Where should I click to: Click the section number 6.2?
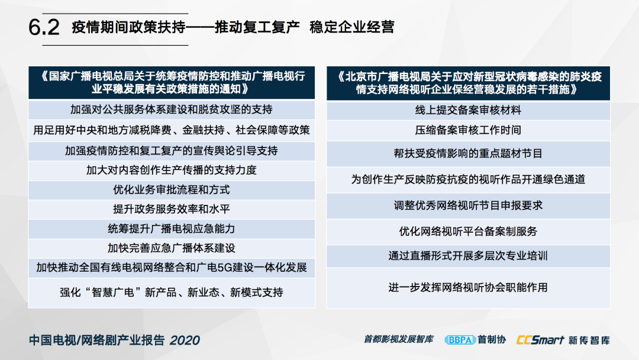click(x=44, y=27)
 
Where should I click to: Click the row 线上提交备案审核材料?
click(x=468, y=110)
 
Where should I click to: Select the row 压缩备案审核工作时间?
click(x=468, y=130)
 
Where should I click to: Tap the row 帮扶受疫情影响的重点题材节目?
click(x=468, y=153)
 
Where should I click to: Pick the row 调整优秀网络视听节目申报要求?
click(x=468, y=205)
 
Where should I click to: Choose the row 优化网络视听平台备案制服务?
click(x=468, y=231)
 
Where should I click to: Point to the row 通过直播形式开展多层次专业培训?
click(x=468, y=256)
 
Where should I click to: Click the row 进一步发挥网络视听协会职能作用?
click(x=468, y=287)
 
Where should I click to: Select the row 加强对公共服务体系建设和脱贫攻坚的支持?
click(x=172, y=110)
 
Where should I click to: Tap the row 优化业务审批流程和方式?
click(x=172, y=189)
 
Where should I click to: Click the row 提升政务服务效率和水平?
click(x=172, y=209)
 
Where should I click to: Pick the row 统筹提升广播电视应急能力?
click(x=172, y=229)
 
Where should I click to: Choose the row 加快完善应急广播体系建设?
click(x=172, y=248)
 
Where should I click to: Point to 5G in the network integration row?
click(x=225, y=268)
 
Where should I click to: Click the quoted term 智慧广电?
click(x=113, y=292)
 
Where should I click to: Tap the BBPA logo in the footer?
click(x=460, y=340)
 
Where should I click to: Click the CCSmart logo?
click(x=540, y=340)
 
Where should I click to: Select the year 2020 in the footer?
click(x=185, y=340)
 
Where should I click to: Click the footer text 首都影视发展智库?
click(x=399, y=339)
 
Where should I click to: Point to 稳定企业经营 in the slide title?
click(x=352, y=27)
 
